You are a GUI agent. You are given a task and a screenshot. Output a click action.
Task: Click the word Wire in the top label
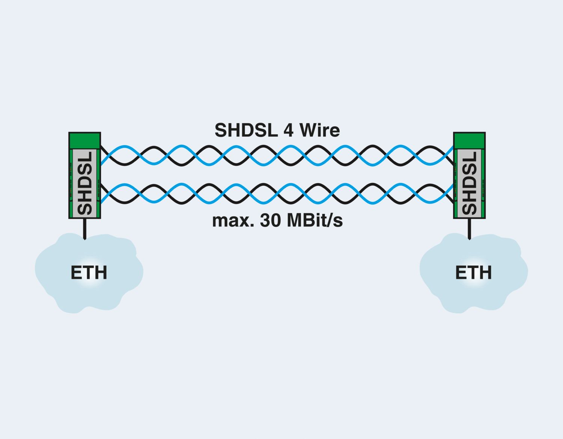coord(320,130)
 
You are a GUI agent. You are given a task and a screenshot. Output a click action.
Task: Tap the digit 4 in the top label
coord(289,130)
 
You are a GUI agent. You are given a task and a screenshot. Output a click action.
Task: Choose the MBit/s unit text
coord(315,221)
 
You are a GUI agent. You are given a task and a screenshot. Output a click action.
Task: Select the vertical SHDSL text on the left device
coord(85,183)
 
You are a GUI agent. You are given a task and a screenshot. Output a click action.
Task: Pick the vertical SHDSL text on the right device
coord(470,183)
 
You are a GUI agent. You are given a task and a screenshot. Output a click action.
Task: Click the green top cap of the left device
coord(85,141)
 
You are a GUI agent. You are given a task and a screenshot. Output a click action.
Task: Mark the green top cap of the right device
coord(469,141)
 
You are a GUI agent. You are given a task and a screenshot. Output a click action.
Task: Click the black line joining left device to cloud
coord(84,229)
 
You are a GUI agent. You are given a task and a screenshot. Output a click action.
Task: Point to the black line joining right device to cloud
coord(469,229)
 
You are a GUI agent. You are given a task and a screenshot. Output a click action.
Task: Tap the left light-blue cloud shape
coord(89,273)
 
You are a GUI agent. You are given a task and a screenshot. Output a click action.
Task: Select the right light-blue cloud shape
coord(474,273)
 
